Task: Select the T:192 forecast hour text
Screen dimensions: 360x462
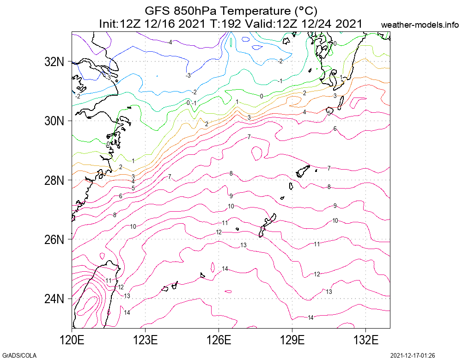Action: [x=225, y=24]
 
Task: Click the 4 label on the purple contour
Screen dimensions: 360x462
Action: [x=170, y=42]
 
